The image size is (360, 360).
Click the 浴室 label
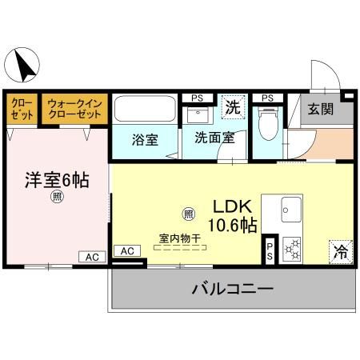[x=145, y=138]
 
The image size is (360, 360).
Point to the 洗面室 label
[x=214, y=137]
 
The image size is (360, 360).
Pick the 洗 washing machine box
[x=232, y=106]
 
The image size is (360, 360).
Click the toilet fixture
[x=269, y=122]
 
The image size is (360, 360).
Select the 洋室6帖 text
[x=55, y=180]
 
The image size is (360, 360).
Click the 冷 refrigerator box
[x=339, y=250]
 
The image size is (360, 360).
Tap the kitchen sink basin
[x=290, y=211]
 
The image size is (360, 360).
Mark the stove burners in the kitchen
[x=291, y=249]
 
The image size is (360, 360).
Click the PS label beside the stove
[x=270, y=250]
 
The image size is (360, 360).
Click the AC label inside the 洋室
[x=91, y=257]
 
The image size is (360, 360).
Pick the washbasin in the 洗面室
[x=197, y=114]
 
